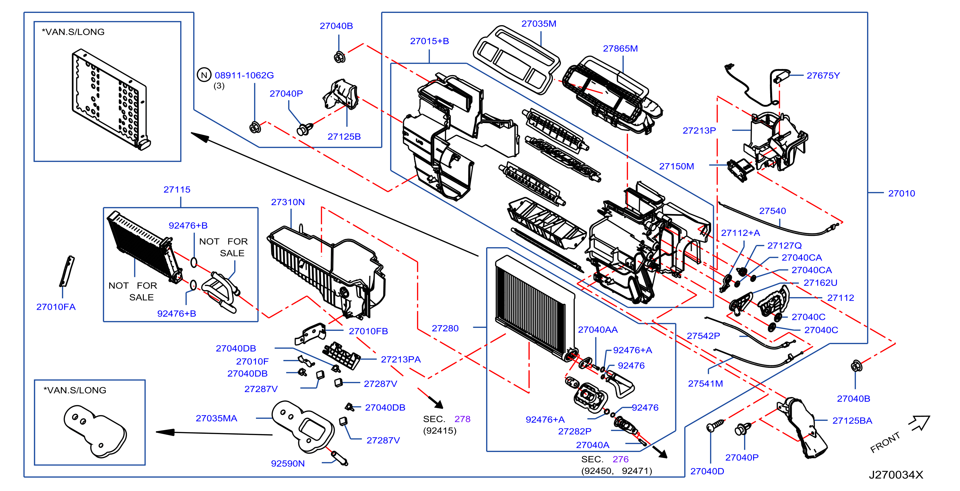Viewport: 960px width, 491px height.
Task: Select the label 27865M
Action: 620,49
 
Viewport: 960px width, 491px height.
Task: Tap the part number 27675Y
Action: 823,76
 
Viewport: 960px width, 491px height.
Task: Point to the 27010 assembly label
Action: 901,194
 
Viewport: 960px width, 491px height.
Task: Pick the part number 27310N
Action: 288,202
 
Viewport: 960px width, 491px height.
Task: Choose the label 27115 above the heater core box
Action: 177,190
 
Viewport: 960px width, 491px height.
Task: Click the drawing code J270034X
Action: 896,475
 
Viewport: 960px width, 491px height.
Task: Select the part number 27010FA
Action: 56,307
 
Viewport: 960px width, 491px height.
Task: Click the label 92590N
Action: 288,464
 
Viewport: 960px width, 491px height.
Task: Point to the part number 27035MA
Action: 217,419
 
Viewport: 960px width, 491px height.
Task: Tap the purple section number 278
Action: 463,420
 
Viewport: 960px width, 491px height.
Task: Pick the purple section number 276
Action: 620,460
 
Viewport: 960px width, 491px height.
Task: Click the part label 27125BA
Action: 852,421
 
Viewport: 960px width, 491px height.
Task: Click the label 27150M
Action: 676,167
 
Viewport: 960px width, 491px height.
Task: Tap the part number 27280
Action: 445,329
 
